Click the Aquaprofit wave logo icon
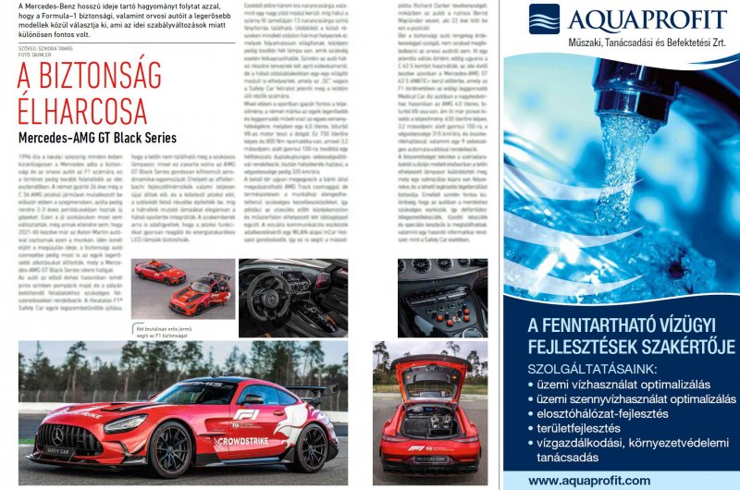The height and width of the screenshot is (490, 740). coord(544,19)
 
